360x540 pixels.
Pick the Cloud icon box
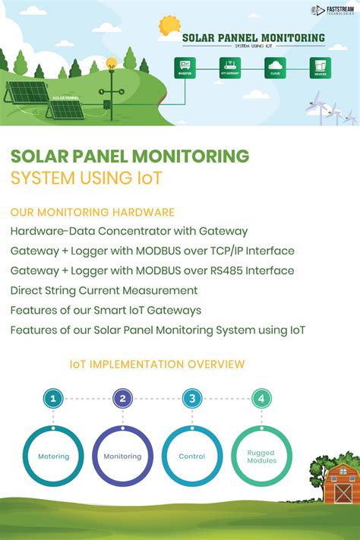(275, 68)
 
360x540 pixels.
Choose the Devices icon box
(320, 68)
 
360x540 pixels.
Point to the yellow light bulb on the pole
(111, 64)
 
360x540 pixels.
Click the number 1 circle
(52, 398)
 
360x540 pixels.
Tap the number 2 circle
(122, 398)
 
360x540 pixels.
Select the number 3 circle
(192, 398)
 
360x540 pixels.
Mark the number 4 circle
(261, 398)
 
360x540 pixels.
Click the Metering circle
(53, 456)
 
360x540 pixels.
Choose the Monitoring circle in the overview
(122, 456)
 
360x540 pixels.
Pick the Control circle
(192, 456)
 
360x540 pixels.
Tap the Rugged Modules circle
(261, 456)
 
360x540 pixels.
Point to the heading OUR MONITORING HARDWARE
(93, 212)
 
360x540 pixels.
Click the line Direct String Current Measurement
(104, 290)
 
